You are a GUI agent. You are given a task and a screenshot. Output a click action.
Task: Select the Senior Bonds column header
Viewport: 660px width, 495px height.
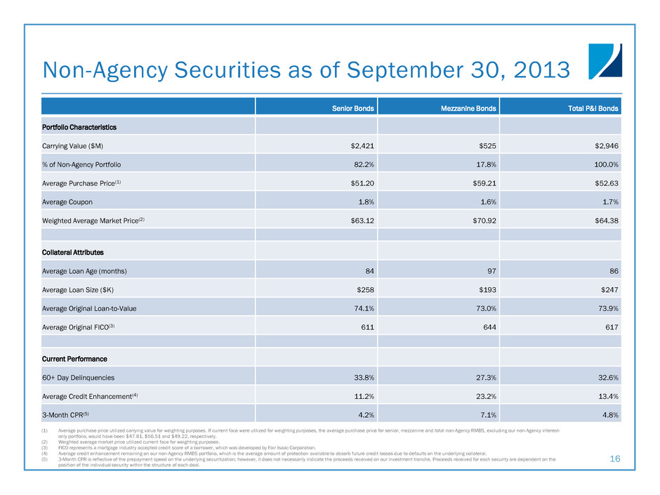click(x=352, y=108)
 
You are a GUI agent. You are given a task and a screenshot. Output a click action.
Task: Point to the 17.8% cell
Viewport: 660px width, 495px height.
click(x=485, y=164)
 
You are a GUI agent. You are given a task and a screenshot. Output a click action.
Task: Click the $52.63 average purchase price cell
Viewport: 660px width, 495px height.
click(x=605, y=183)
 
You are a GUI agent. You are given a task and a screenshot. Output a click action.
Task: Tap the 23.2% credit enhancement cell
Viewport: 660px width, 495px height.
click(x=485, y=396)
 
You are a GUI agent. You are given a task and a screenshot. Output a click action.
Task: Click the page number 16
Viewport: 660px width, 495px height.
click(x=615, y=458)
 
